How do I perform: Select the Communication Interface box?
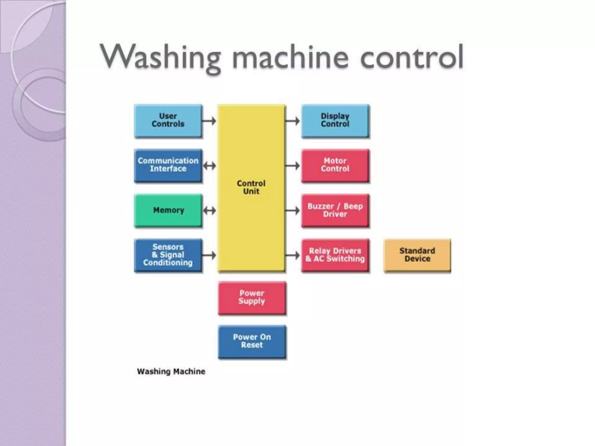point(168,165)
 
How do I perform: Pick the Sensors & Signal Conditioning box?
point(168,255)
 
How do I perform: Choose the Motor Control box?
point(335,165)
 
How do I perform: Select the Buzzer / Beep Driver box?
point(335,210)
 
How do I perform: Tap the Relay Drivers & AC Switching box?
point(335,255)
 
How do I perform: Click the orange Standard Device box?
point(417,255)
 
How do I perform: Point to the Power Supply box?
point(252,297)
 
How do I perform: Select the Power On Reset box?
point(252,341)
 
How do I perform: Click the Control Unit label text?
point(251,187)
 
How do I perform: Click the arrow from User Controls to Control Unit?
point(209,121)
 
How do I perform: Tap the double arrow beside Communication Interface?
point(209,166)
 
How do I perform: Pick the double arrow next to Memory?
point(209,211)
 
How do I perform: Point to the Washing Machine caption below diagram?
point(171,371)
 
